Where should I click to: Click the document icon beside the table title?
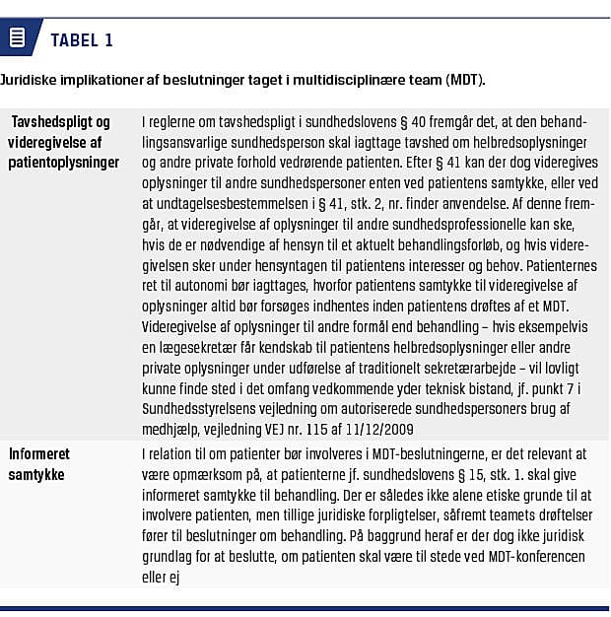(17, 39)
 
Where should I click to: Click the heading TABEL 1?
(81, 40)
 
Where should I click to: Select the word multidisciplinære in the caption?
(361, 80)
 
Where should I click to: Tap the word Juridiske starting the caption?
(27, 80)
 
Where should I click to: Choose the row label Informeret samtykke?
(39, 463)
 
